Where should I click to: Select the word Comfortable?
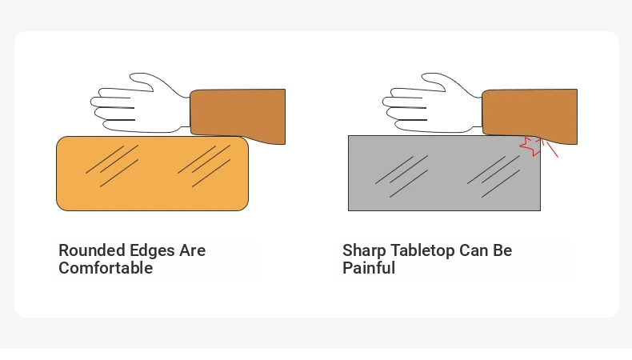point(106,268)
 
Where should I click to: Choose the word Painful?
point(369,268)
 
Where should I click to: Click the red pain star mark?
point(531,146)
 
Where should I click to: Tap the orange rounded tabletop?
point(152,174)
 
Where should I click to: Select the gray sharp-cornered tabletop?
point(444,174)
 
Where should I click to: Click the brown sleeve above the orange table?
point(238,115)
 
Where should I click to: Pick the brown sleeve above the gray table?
point(530,115)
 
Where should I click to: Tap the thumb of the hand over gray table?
point(435,82)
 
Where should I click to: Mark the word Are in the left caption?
point(193,250)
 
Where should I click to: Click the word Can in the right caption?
point(474,250)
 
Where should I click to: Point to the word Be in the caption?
point(502,250)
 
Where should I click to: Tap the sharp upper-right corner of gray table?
point(541,136)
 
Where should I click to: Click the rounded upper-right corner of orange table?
point(245,140)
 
